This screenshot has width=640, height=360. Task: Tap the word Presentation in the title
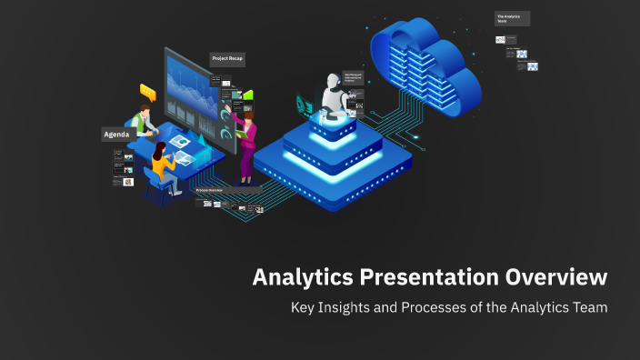[428, 276]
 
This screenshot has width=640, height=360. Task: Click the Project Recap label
[227, 58]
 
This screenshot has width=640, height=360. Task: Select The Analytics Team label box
[512, 18]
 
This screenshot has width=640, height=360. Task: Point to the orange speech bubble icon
[147, 91]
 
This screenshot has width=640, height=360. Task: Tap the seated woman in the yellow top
[162, 164]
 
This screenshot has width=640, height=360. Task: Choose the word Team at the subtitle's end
[588, 307]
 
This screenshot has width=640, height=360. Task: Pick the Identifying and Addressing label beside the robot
[355, 79]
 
